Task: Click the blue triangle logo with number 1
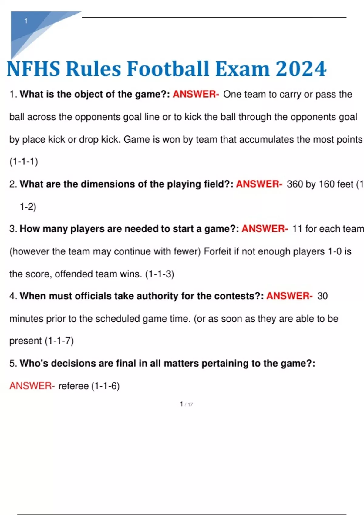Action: point(33,29)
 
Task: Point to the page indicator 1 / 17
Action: point(186,404)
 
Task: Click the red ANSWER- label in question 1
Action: point(196,94)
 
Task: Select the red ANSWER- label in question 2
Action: point(259,184)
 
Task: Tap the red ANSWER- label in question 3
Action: point(265,228)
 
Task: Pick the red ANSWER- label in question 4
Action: point(289,296)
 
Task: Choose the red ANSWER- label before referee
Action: point(32,386)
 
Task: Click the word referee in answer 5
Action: point(73,386)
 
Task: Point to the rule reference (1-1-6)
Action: point(105,386)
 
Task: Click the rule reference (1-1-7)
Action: point(59,341)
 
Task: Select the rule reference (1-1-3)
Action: point(160,274)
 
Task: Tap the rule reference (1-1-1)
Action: point(24,161)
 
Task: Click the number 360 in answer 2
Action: point(295,184)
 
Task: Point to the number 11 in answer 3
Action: point(297,228)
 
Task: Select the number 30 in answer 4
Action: point(322,296)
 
